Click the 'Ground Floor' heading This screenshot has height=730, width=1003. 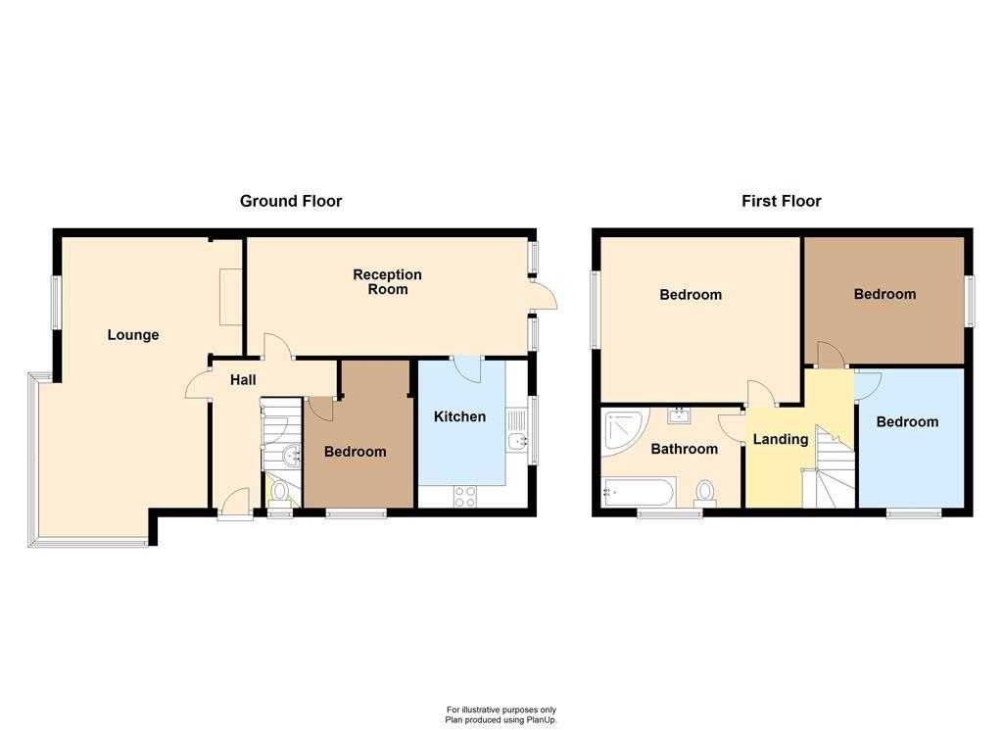coord(291,201)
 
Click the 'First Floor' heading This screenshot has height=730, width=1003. coord(781,201)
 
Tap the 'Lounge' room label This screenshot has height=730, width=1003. coord(133,335)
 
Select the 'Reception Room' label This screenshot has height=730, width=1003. coord(388,282)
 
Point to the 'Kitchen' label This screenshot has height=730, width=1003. coord(459,416)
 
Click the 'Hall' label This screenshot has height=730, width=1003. coord(243,379)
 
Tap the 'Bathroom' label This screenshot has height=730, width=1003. coord(685,449)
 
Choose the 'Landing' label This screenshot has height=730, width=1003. coord(781,439)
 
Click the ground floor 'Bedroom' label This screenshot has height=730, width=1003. coord(355,452)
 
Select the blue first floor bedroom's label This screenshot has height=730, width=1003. coord(907,422)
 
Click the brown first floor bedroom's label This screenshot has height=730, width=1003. coord(884,294)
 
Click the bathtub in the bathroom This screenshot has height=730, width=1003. coord(638,491)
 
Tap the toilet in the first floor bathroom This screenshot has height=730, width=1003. coord(704,492)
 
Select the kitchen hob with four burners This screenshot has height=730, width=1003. coord(465,497)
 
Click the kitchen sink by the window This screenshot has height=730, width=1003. coord(516,440)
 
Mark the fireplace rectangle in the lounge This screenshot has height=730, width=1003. coord(231,296)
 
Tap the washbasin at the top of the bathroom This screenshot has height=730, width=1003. coord(679,415)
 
